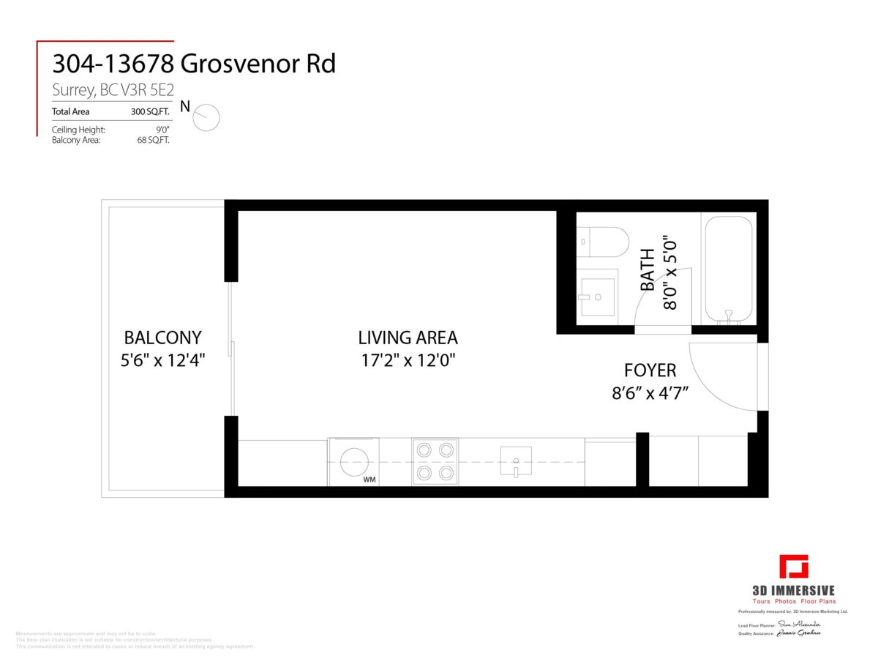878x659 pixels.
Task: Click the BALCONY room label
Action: click(x=162, y=338)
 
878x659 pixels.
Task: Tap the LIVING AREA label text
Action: click(x=408, y=338)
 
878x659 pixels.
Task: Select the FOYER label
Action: click(x=650, y=371)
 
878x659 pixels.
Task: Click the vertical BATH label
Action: click(x=648, y=270)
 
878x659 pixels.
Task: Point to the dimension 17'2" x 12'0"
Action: click(x=408, y=360)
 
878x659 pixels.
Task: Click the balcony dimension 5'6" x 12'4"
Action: click(x=162, y=360)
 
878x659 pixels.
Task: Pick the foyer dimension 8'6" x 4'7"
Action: click(x=650, y=393)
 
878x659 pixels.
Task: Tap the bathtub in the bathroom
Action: click(x=728, y=269)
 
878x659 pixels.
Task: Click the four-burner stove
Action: click(x=435, y=461)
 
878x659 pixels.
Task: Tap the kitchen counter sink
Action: click(x=517, y=462)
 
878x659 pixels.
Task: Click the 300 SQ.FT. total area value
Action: click(x=151, y=112)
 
